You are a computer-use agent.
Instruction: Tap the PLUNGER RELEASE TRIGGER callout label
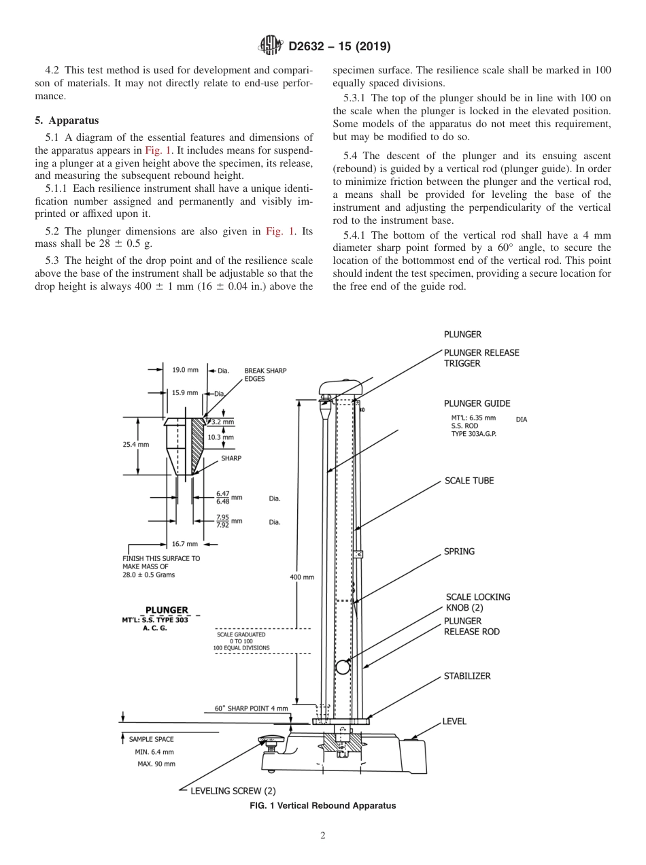(481, 358)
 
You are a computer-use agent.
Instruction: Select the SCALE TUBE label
(469, 481)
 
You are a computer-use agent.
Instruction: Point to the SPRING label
(459, 552)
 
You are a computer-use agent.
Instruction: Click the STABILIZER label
(466, 676)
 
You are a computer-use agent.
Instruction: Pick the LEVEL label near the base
(454, 721)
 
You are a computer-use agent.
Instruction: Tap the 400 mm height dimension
(302, 577)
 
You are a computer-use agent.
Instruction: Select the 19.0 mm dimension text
(184, 370)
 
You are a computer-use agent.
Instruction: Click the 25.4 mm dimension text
(135, 444)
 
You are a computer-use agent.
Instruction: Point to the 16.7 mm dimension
(184, 544)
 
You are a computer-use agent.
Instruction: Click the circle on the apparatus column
(343, 667)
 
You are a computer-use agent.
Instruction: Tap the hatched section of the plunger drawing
(197, 442)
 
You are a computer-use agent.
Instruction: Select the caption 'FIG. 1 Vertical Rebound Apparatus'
(323, 806)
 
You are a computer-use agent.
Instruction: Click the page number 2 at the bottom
(323, 836)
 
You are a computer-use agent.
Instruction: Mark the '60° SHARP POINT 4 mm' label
(251, 709)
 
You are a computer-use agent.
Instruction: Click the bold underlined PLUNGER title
(167, 610)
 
